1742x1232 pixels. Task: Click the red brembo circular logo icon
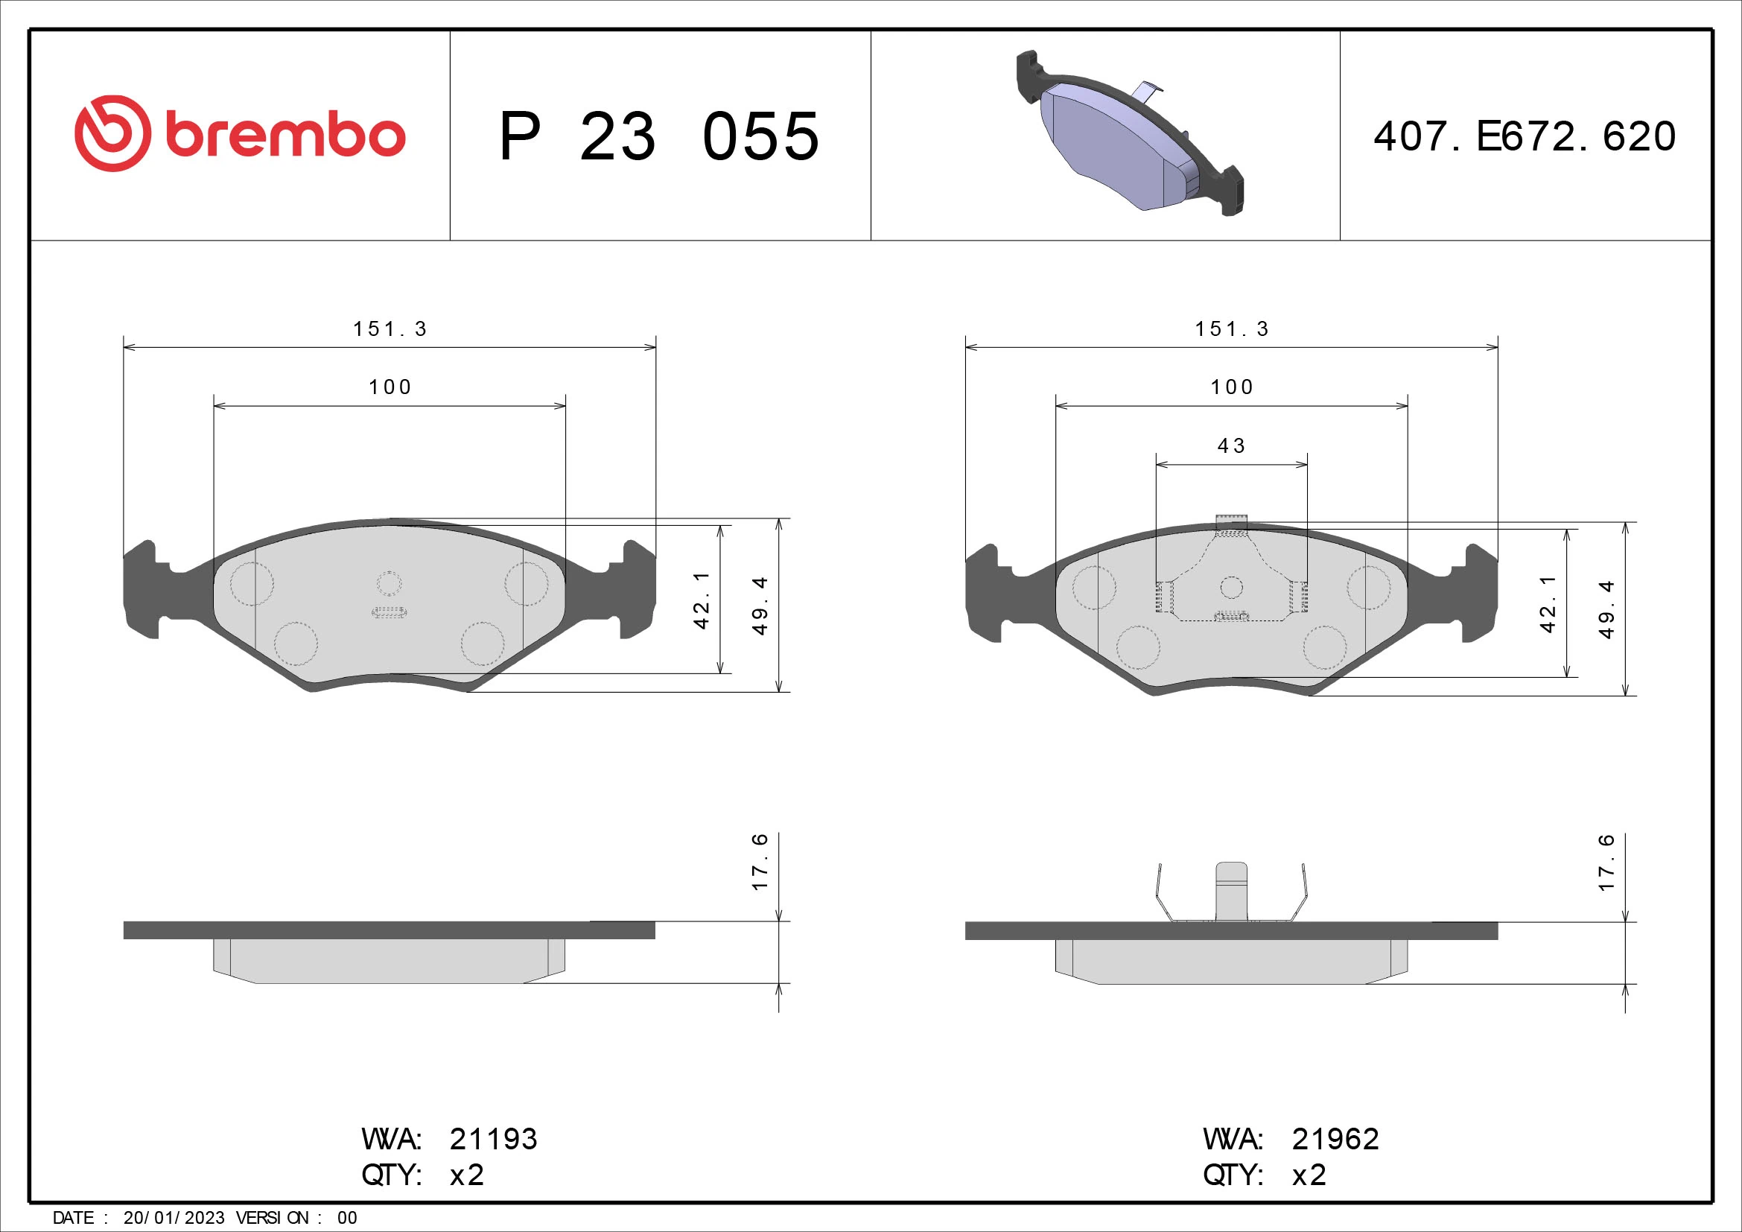[112, 133]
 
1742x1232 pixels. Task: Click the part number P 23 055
[658, 136]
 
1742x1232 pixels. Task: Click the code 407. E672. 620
[1525, 136]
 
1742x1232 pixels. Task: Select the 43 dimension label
[1231, 446]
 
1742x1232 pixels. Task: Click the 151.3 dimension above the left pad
[390, 329]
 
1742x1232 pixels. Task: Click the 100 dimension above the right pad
[1231, 387]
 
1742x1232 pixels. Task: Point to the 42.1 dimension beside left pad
[701, 600]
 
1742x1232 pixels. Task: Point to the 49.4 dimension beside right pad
[1606, 609]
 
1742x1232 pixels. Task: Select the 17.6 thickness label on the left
[760, 862]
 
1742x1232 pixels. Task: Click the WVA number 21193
[493, 1139]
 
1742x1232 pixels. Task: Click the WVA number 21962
[1335, 1139]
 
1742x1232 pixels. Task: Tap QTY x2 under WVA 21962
[1309, 1175]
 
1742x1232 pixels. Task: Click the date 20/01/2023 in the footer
[174, 1218]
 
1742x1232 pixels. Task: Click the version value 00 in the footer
[347, 1218]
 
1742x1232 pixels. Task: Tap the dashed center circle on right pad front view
[1231, 587]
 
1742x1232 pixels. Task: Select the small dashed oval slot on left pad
[390, 612]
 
